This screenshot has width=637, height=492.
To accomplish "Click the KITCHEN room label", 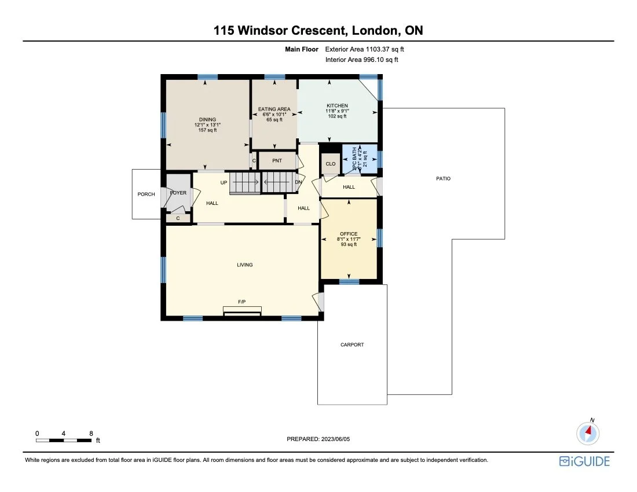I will point(337,106).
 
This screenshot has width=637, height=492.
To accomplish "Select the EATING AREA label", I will point(274,109).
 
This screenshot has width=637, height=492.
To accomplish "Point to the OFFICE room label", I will point(349,234).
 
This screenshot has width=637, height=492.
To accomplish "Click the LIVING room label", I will point(244,265).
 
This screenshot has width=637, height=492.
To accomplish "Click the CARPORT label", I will point(352,345).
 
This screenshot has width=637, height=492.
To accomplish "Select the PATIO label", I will point(443,179).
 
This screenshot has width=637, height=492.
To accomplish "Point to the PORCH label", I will point(146,194).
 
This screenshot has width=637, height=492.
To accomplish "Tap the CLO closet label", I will point(330,164).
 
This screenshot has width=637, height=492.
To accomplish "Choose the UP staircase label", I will point(224,182).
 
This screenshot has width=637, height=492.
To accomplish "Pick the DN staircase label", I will point(298,182).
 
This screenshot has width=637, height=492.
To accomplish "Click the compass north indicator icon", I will point(588,432).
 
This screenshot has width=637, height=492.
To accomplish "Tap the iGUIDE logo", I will point(584,461).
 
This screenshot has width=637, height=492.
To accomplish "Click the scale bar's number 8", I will point(91,433).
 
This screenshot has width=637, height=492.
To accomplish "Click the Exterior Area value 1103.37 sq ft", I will point(384,50).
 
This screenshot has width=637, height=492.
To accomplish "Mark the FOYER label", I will point(178,193).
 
